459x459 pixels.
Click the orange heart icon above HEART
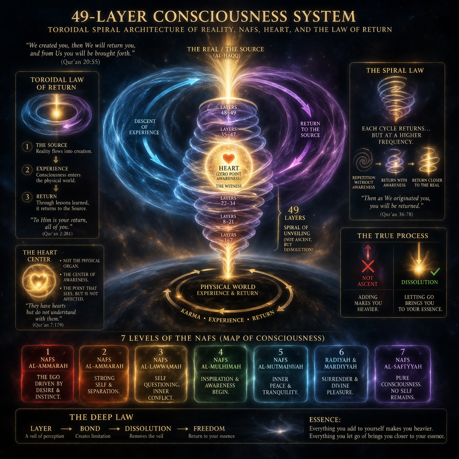coord(229,158)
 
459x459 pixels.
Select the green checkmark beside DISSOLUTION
coord(435,272)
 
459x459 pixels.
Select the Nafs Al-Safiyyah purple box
coord(402,373)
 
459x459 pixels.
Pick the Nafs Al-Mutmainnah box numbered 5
coord(281,373)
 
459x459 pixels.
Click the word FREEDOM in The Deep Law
coord(209,429)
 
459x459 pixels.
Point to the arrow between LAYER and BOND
coord(66,429)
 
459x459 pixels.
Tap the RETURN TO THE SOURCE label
coord(310,129)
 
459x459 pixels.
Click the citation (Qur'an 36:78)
coord(397,214)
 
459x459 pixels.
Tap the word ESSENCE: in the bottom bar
coord(325,420)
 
